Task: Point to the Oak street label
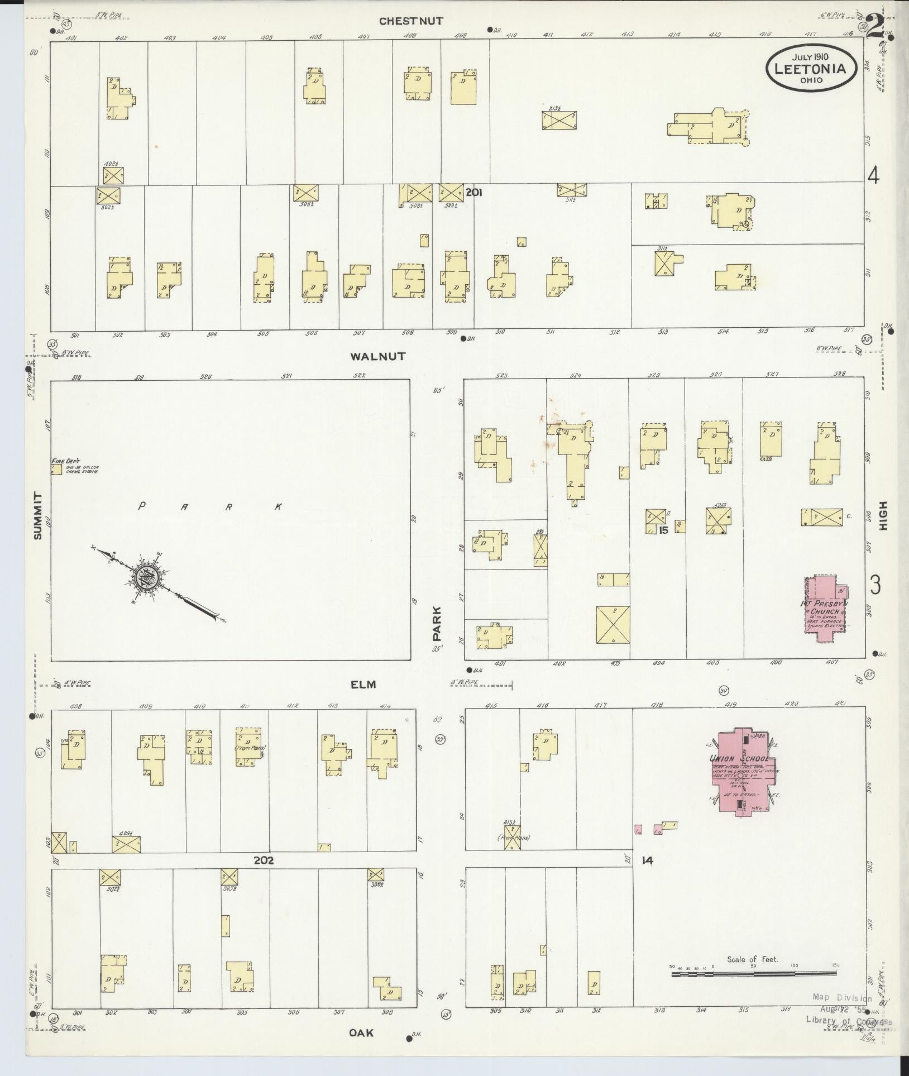click(361, 1049)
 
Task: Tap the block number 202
click(264, 877)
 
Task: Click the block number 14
click(647, 877)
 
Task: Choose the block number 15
click(663, 530)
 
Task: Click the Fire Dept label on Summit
click(66, 462)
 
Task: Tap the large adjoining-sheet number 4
click(873, 176)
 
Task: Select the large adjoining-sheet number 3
click(875, 585)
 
